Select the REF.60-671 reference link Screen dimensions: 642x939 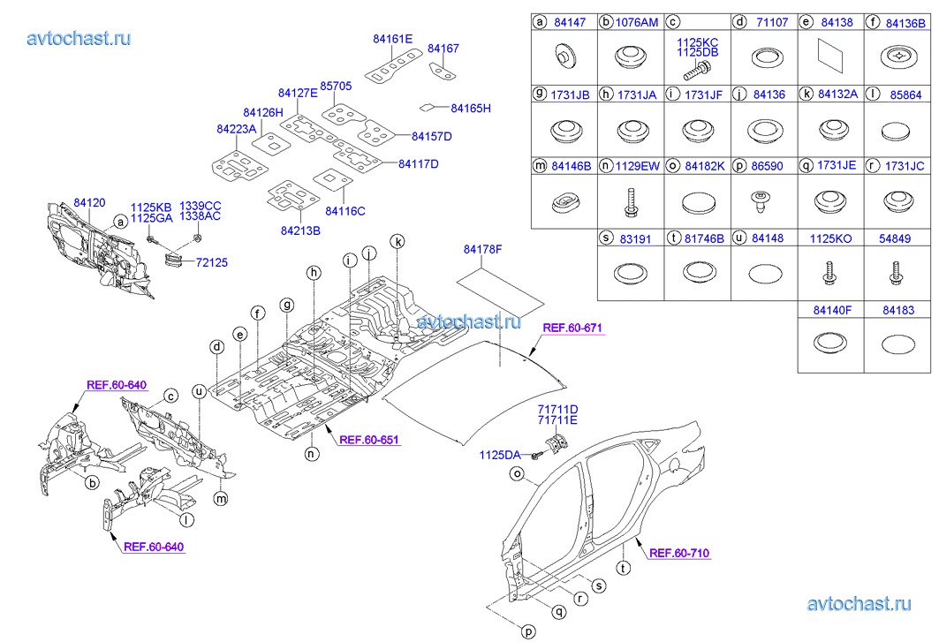pyautogui.click(x=572, y=328)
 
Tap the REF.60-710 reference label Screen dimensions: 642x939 pyautogui.click(x=678, y=554)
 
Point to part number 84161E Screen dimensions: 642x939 pyautogui.click(x=392, y=39)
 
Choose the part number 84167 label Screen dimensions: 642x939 pyautogui.click(x=443, y=49)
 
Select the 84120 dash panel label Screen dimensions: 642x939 pyautogui.click(x=89, y=203)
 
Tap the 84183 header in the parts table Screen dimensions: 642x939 pyautogui.click(x=897, y=311)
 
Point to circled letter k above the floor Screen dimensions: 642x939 pyautogui.click(x=398, y=242)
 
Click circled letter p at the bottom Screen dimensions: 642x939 pyautogui.click(x=528, y=631)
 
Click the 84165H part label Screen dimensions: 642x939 pyautogui.click(x=470, y=109)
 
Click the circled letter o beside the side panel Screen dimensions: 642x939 pyautogui.click(x=518, y=474)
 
